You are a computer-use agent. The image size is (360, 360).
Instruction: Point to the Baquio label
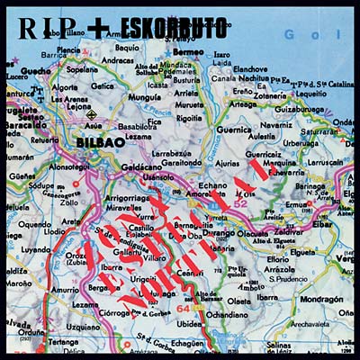point(126,48)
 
